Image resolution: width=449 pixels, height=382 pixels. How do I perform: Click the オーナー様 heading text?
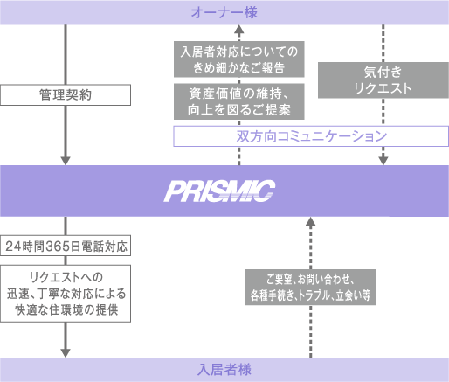tap(224, 13)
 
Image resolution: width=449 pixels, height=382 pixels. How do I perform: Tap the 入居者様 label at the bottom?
tap(224, 370)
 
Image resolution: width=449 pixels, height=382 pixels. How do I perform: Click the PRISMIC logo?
tap(220, 191)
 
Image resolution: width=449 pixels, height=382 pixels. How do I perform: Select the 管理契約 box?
tap(66, 95)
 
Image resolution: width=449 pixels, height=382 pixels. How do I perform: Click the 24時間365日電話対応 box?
tap(66, 246)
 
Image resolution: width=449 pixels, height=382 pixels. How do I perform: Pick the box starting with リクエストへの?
tap(66, 294)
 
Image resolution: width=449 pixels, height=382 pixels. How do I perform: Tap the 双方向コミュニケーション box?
tap(311, 136)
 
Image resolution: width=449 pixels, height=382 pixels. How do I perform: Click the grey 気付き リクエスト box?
tap(383, 80)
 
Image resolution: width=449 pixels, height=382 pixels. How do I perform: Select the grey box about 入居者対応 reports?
tap(239, 59)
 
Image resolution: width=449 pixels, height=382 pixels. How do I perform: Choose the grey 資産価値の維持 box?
tap(239, 101)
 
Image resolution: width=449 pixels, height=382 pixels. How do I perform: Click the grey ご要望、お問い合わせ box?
tap(311, 288)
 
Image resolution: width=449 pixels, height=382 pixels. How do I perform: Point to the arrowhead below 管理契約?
tap(66, 161)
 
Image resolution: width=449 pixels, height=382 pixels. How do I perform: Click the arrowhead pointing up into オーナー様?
tap(239, 29)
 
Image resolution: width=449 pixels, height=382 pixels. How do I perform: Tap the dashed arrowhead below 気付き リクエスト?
tap(383, 161)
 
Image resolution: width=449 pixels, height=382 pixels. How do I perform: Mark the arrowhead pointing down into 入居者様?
tap(66, 353)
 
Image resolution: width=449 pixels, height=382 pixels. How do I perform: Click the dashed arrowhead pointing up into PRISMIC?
tap(311, 221)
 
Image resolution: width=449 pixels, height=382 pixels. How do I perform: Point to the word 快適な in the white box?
tap(31, 310)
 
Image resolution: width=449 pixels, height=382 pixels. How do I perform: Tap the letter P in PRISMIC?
tap(174, 191)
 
